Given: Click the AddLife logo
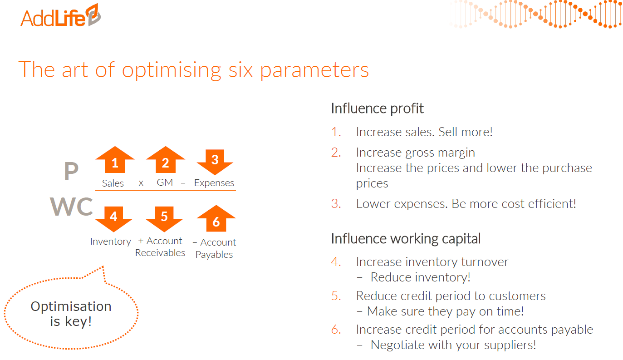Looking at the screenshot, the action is pyautogui.click(x=61, y=15).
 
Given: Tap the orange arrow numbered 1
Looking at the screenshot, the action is pyautogui.click(x=115, y=160).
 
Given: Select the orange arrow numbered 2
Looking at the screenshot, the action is pyautogui.click(x=166, y=160).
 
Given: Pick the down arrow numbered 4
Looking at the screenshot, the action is pyautogui.click(x=113, y=219).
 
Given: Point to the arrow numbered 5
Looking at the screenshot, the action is pyautogui.click(x=164, y=219).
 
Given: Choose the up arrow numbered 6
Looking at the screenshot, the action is pyautogui.click(x=216, y=219).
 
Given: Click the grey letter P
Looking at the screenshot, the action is pyautogui.click(x=71, y=171).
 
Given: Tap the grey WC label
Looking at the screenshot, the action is pyautogui.click(x=72, y=206).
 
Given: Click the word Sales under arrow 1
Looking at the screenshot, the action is pyautogui.click(x=113, y=183).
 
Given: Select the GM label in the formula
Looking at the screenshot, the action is pyautogui.click(x=165, y=182).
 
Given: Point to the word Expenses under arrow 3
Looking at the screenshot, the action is pyautogui.click(x=214, y=183).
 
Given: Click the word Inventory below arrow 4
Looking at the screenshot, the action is pyautogui.click(x=110, y=242).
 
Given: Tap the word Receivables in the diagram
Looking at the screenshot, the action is pyautogui.click(x=160, y=253).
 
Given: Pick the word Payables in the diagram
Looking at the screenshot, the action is pyautogui.click(x=214, y=255).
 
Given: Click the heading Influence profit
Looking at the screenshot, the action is pyautogui.click(x=377, y=108).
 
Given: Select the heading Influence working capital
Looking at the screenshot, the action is pyautogui.click(x=406, y=239).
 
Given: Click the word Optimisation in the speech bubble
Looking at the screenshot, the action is pyautogui.click(x=71, y=306).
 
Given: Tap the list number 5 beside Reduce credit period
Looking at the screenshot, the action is pyautogui.click(x=336, y=296).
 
